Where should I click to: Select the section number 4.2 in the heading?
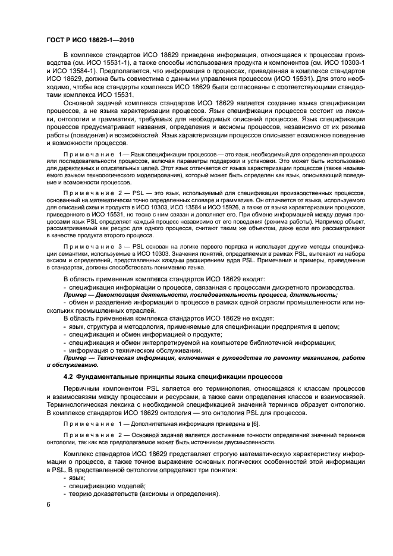(x=69, y=378)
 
